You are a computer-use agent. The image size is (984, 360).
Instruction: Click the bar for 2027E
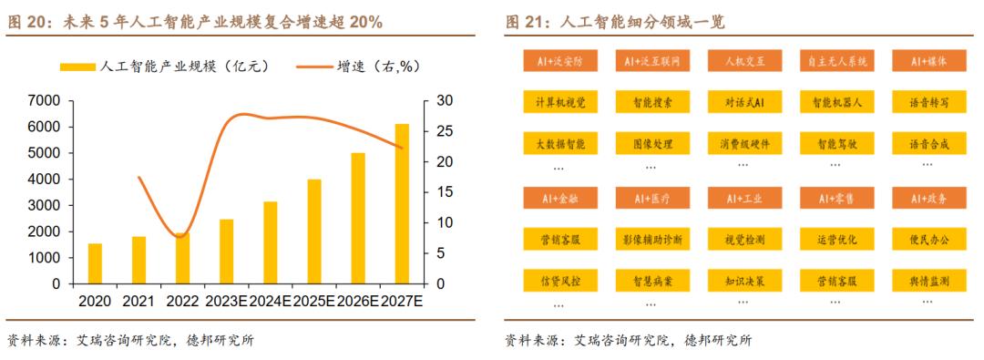[x=402, y=204]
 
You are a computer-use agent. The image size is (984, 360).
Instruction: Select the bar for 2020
[x=95, y=263]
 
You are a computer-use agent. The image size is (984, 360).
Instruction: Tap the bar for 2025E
[x=314, y=231]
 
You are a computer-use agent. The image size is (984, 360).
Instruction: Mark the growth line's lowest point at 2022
[x=181, y=236]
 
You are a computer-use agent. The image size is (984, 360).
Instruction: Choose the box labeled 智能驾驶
[x=835, y=144]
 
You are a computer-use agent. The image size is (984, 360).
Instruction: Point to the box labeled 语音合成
[x=928, y=144]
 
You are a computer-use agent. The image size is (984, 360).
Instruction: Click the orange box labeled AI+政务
[x=928, y=197]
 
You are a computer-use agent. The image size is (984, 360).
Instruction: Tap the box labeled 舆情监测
[x=928, y=281]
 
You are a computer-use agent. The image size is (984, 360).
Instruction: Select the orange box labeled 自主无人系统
[x=835, y=61]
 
